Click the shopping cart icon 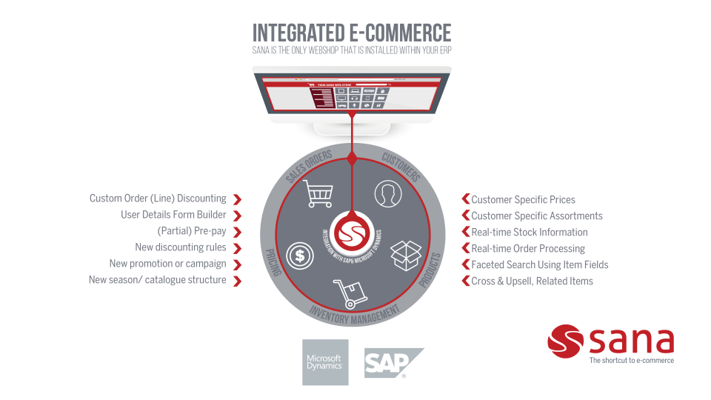319,193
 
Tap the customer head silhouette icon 385,193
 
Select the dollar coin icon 299,256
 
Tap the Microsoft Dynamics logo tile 325,362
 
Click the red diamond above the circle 353,158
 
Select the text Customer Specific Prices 523,199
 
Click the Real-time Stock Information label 530,232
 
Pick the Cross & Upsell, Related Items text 532,281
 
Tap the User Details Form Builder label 173,215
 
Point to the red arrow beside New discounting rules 237,248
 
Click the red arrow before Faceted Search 466,264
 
